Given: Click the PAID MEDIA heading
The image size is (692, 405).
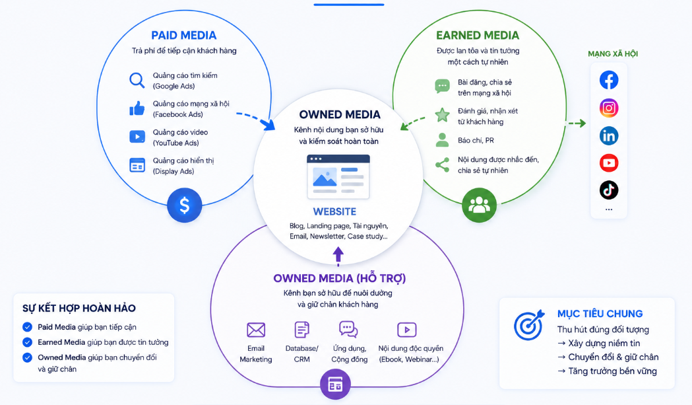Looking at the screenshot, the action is click(x=183, y=36).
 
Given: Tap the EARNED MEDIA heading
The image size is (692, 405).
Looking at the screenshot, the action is click(x=478, y=36).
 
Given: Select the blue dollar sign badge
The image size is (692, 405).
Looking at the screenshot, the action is click(x=185, y=205).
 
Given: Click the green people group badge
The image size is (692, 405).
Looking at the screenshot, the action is click(x=479, y=205).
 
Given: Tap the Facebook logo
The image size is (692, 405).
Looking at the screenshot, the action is click(x=609, y=80).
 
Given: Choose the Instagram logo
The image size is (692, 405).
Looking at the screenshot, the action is click(x=609, y=108).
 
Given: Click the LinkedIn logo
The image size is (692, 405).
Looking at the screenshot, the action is click(x=609, y=135).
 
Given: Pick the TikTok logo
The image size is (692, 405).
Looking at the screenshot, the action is click(x=609, y=190).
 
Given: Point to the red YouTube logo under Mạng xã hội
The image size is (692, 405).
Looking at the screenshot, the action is click(x=609, y=163).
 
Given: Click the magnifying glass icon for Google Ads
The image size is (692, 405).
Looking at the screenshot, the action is click(x=137, y=81).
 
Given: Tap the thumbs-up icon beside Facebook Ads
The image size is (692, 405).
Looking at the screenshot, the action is click(x=137, y=108).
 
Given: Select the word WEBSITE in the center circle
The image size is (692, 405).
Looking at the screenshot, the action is click(x=334, y=212).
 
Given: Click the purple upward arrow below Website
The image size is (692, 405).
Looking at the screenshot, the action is click(x=338, y=256).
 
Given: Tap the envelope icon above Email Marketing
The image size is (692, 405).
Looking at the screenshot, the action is click(x=256, y=330).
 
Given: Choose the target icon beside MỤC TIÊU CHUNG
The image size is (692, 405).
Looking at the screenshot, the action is click(x=529, y=325).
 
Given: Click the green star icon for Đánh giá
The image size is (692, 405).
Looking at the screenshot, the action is click(x=442, y=115).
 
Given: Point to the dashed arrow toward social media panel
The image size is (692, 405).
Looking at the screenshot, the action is click(x=577, y=124).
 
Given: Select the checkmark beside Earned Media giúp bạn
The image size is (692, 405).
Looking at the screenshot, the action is click(x=27, y=342).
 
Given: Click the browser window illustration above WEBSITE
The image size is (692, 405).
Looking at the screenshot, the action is click(x=338, y=177).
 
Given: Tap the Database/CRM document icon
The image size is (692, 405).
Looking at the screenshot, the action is click(x=302, y=330).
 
